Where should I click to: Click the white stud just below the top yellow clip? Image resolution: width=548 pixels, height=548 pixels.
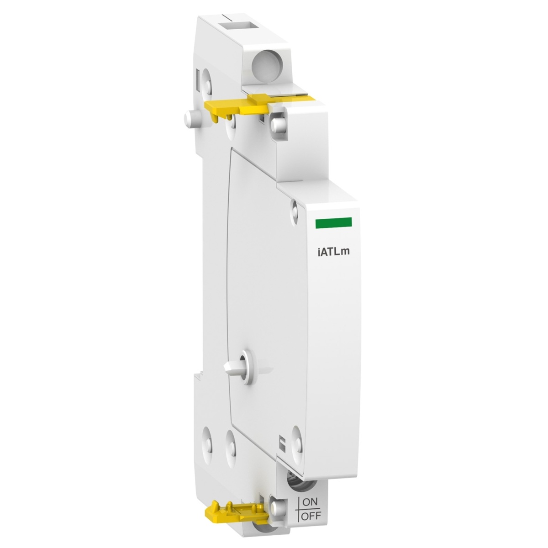277,123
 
